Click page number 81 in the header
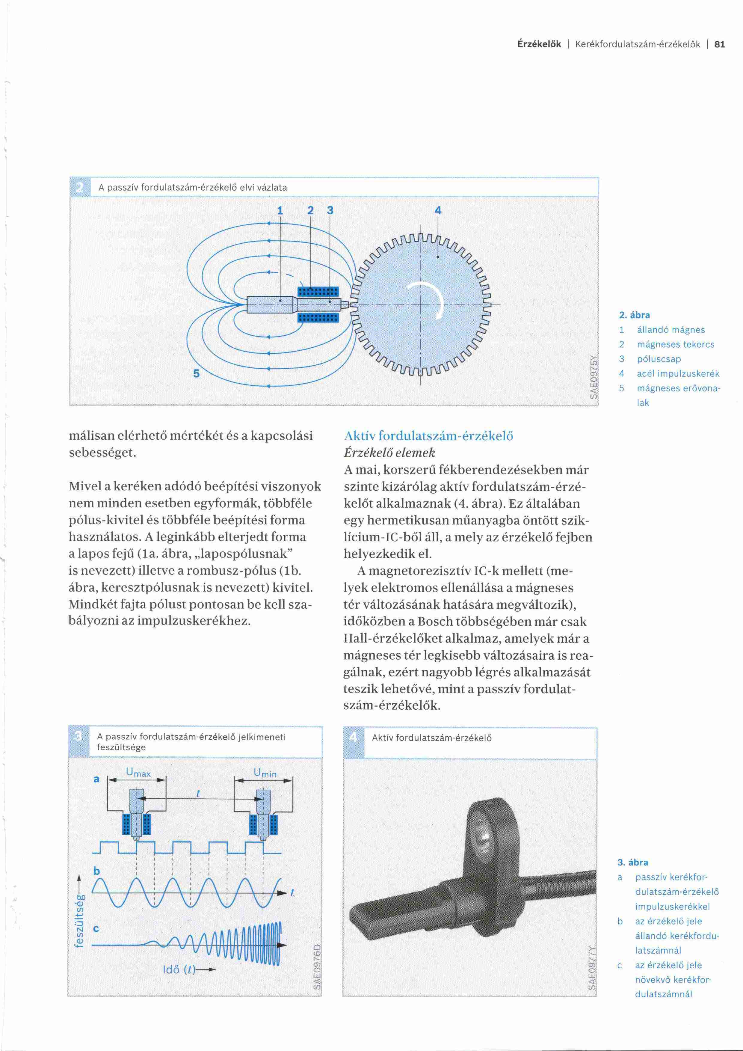coord(720,44)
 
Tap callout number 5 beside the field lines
coord(196,373)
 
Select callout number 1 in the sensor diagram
coord(280,211)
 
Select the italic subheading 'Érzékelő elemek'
coord(389,453)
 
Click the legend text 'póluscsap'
coord(659,359)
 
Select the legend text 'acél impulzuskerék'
coord(678,373)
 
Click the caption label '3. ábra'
coord(633,862)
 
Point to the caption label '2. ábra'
coord(634,315)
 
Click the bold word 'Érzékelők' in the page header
coord(539,44)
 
